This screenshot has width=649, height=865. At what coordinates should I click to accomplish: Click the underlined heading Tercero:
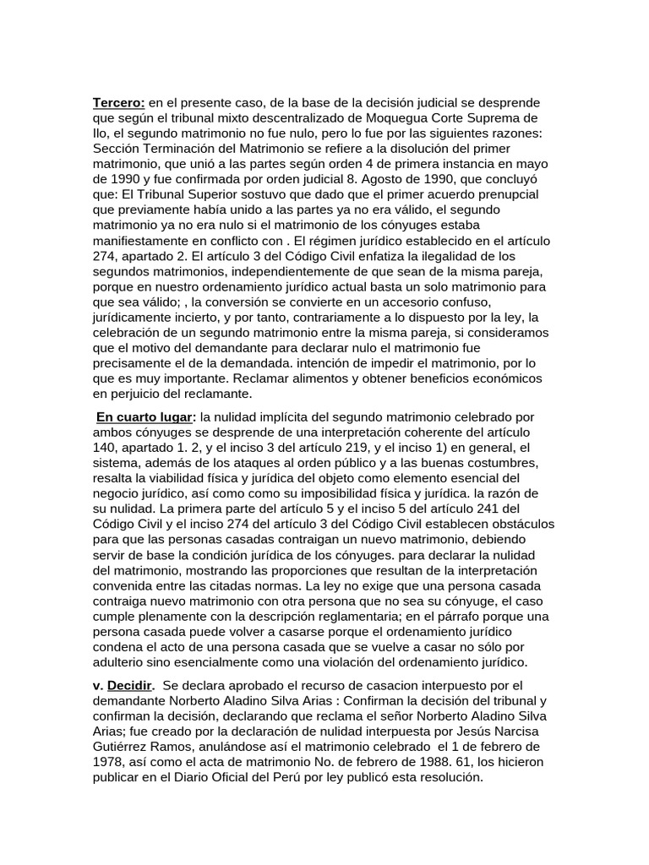point(118,103)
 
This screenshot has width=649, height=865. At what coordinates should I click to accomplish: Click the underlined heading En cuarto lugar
point(144,417)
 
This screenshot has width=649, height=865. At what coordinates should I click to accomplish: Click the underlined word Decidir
point(129,686)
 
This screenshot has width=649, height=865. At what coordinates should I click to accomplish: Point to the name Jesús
point(475,732)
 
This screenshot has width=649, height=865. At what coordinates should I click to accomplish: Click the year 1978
point(112,762)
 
